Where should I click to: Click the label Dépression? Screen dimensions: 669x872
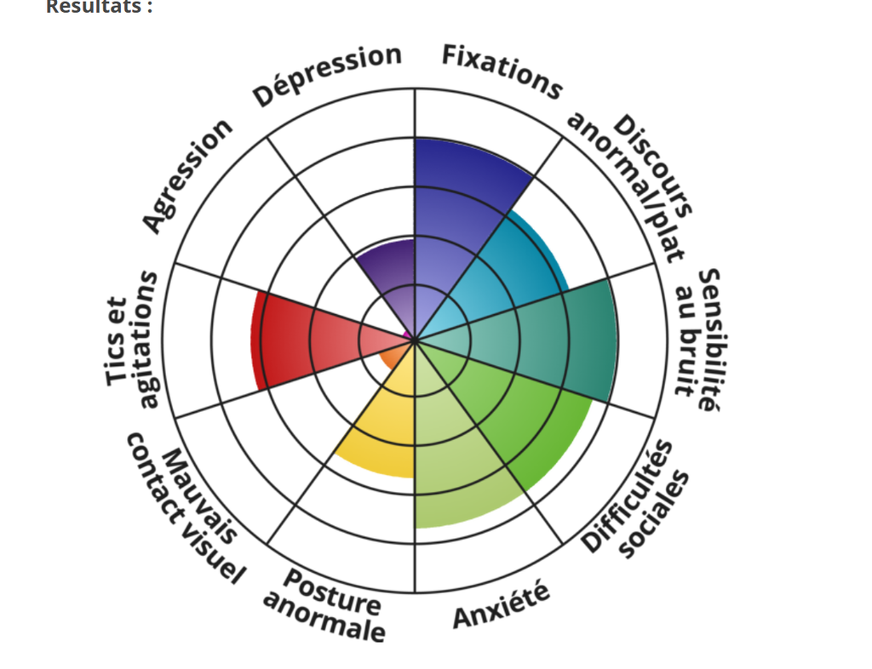(327, 76)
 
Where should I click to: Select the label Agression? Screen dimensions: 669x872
(186, 175)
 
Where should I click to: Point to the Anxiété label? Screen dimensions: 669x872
(501, 605)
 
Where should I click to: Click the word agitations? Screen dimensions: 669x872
(146, 340)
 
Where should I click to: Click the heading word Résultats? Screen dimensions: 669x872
(99, 6)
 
